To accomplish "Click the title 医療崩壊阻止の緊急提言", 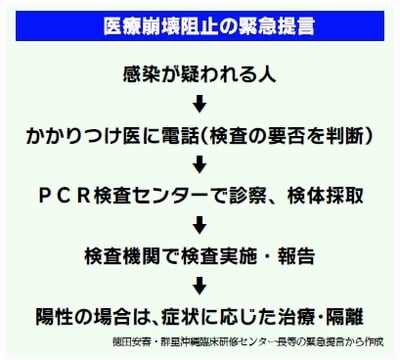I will click(x=199, y=23).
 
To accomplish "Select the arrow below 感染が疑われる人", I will click(x=199, y=102).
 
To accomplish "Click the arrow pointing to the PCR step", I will click(x=199, y=163).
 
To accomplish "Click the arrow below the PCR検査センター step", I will click(x=199, y=223).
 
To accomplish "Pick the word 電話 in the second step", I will click(x=166, y=133).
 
